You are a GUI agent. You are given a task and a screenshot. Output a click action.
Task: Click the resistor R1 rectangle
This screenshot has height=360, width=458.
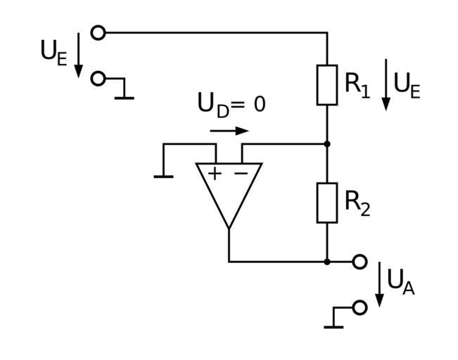click(327, 85)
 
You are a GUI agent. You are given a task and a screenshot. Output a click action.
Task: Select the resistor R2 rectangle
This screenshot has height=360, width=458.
click(327, 202)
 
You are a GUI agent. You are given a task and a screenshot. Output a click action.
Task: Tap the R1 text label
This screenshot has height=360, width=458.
click(357, 84)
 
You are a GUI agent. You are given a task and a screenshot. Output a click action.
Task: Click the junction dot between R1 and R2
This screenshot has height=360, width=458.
click(327, 143)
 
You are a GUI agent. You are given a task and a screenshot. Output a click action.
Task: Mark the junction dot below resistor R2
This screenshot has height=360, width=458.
click(327, 262)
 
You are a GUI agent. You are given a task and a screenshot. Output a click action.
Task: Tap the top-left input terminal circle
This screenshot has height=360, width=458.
click(98, 32)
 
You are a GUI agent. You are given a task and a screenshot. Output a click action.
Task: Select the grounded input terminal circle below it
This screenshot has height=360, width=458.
click(98, 79)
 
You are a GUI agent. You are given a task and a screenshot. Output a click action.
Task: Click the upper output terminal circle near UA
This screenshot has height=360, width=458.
click(360, 262)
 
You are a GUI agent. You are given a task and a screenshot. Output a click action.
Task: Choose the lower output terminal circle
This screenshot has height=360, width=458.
click(360, 307)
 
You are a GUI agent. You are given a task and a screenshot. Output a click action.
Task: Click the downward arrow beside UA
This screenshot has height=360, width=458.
click(380, 285)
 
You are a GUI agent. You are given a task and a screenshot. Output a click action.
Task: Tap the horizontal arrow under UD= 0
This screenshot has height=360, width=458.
click(229, 131)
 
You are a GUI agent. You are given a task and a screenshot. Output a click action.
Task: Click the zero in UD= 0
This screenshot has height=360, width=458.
click(259, 105)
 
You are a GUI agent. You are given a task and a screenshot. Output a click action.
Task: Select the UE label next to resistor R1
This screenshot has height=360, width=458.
click(407, 85)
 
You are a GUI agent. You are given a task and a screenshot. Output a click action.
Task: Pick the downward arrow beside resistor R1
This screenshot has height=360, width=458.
click(386, 85)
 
